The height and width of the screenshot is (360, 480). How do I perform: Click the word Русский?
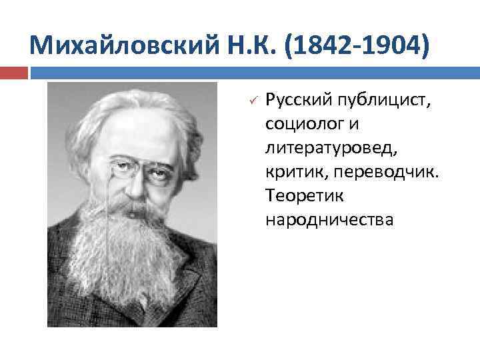click(x=294, y=101)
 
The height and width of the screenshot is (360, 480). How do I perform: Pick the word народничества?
click(x=329, y=219)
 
